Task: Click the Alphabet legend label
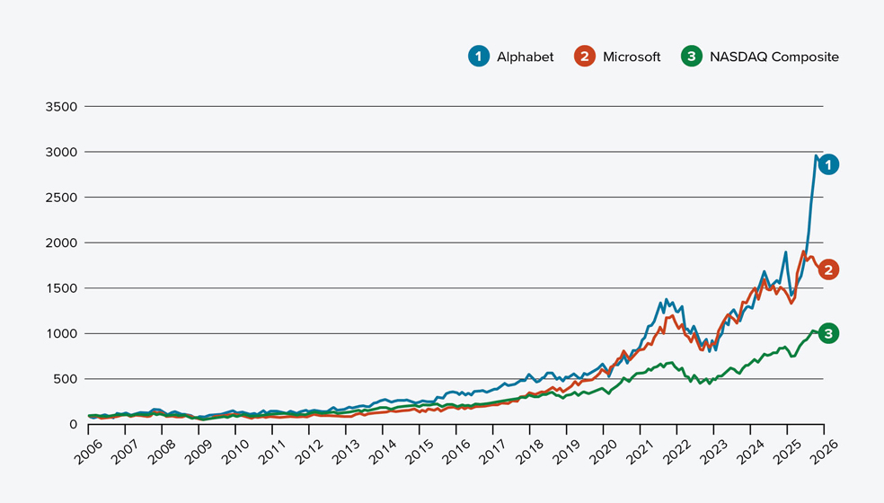click(x=525, y=57)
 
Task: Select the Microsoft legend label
click(x=632, y=57)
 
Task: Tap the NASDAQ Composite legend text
click(x=773, y=57)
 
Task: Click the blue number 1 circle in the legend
click(x=479, y=57)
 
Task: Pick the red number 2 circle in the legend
click(x=585, y=57)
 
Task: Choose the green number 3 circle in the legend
click(x=692, y=57)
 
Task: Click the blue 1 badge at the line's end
click(x=828, y=164)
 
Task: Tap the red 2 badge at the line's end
click(x=828, y=269)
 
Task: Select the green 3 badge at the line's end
click(x=828, y=334)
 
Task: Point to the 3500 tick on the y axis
click(x=62, y=106)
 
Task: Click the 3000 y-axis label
click(x=62, y=152)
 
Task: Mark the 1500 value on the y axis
click(x=62, y=288)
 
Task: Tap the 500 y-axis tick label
click(x=66, y=379)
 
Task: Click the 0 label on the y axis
click(x=72, y=424)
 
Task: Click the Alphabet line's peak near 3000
click(x=816, y=156)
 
